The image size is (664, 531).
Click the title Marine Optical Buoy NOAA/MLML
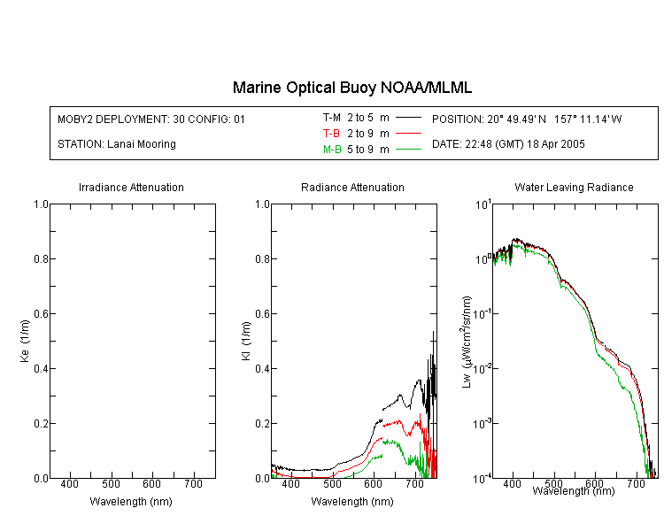pyautogui.click(x=351, y=88)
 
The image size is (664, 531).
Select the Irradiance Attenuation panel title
pyautogui.click(x=131, y=187)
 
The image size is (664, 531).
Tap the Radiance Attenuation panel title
pyautogui.click(x=352, y=187)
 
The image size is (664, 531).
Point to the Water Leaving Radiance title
pyautogui.click(x=574, y=187)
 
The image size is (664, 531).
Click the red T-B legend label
pyautogui.click(x=331, y=134)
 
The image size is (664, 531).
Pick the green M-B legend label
pyautogui.click(x=332, y=150)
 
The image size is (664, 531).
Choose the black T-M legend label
pyautogui.click(x=332, y=118)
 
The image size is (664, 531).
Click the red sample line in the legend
pyautogui.click(x=408, y=134)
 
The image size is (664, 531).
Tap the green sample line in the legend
pyautogui.click(x=408, y=150)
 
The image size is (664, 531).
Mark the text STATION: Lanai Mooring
pyautogui.click(x=117, y=144)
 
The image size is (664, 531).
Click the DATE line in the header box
pyautogui.click(x=508, y=144)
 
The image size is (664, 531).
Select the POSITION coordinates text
pyautogui.click(x=527, y=119)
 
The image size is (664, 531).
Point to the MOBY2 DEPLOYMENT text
pyautogui.click(x=151, y=119)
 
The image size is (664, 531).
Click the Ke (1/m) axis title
pyautogui.click(x=25, y=341)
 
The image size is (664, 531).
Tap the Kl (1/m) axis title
pyautogui.click(x=246, y=341)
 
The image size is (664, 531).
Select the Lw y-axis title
pyautogui.click(x=467, y=342)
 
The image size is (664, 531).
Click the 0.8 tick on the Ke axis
pyautogui.click(x=41, y=258)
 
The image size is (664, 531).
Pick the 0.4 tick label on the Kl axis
pyautogui.click(x=263, y=368)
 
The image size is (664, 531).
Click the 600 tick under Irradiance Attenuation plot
pyautogui.click(x=152, y=483)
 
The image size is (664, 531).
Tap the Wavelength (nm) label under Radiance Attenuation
pyautogui.click(x=352, y=502)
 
